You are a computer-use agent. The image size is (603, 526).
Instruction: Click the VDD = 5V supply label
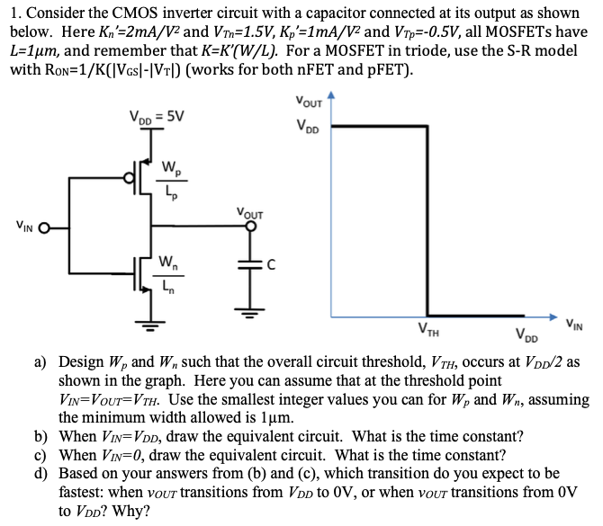tap(157, 117)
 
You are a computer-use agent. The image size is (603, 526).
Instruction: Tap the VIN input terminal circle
tap(45, 228)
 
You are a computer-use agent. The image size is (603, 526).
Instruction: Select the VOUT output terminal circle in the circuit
tap(251, 227)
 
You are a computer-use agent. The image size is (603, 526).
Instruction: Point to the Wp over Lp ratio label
tap(172, 181)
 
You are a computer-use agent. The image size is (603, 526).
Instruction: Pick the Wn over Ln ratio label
tap(168, 275)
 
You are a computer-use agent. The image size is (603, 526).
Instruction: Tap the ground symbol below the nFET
tap(150, 325)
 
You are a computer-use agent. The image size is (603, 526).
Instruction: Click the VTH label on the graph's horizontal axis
tap(428, 330)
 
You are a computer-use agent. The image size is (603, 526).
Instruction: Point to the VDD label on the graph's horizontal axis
tap(526, 334)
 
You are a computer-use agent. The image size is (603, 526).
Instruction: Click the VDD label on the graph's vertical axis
tap(308, 126)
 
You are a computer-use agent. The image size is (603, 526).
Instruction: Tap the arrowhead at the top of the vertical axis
tap(331, 95)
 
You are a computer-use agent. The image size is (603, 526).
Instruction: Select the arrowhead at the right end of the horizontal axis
tap(553, 316)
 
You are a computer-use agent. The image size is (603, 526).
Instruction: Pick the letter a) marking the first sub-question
tap(40, 362)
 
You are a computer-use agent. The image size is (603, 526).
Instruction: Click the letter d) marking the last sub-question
tap(40, 473)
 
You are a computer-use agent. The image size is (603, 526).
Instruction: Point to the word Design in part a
tap(81, 362)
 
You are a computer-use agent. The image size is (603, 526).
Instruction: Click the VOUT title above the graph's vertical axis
tap(309, 102)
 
